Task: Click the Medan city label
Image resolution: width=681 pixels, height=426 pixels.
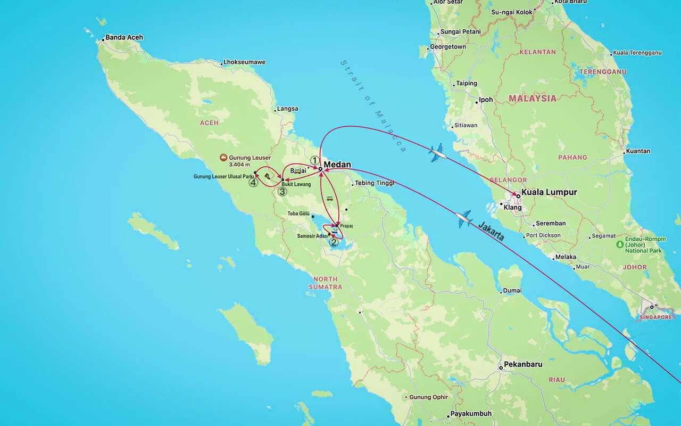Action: (337, 165)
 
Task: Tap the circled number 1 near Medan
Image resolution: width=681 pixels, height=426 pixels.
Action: (315, 160)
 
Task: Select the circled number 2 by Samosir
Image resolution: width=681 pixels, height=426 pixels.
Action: (334, 242)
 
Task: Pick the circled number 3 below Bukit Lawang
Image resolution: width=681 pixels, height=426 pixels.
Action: (282, 192)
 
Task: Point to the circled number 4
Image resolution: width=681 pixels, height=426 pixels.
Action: (253, 183)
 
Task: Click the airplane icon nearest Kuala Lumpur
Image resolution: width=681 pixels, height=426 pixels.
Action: (437, 153)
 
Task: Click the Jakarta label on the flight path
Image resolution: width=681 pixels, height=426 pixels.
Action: (491, 232)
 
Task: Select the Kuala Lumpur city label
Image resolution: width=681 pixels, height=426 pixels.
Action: (549, 192)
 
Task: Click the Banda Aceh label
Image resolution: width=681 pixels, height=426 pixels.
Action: (124, 37)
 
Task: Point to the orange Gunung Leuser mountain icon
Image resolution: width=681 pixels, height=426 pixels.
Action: (223, 158)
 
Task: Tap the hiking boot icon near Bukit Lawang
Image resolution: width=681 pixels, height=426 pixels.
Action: (267, 176)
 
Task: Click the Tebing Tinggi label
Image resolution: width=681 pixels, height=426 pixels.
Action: (375, 183)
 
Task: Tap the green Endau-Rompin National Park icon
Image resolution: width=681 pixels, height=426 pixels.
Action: (619, 244)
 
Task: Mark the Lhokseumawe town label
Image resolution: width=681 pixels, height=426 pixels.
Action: (244, 62)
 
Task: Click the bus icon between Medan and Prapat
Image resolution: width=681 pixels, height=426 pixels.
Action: (330, 199)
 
